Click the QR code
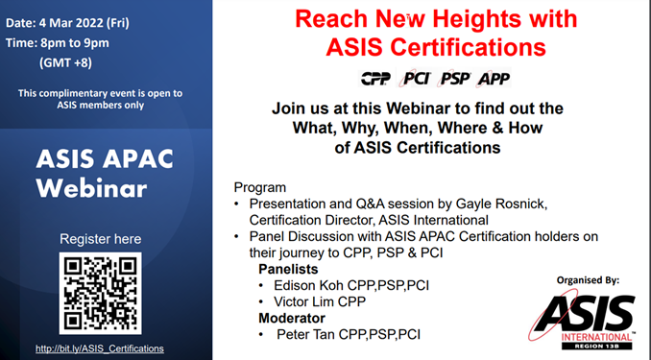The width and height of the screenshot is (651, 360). tap(100, 294)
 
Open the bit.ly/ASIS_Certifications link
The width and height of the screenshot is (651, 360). tap(99, 348)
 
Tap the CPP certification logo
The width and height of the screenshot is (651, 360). tap(374, 79)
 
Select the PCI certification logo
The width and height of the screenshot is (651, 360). tap(416, 79)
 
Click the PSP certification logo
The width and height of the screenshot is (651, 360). tap(455, 79)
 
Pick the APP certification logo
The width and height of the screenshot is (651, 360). tap(494, 79)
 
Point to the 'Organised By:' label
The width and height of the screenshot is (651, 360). tap(588, 279)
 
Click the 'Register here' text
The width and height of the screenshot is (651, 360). tap(100, 238)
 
